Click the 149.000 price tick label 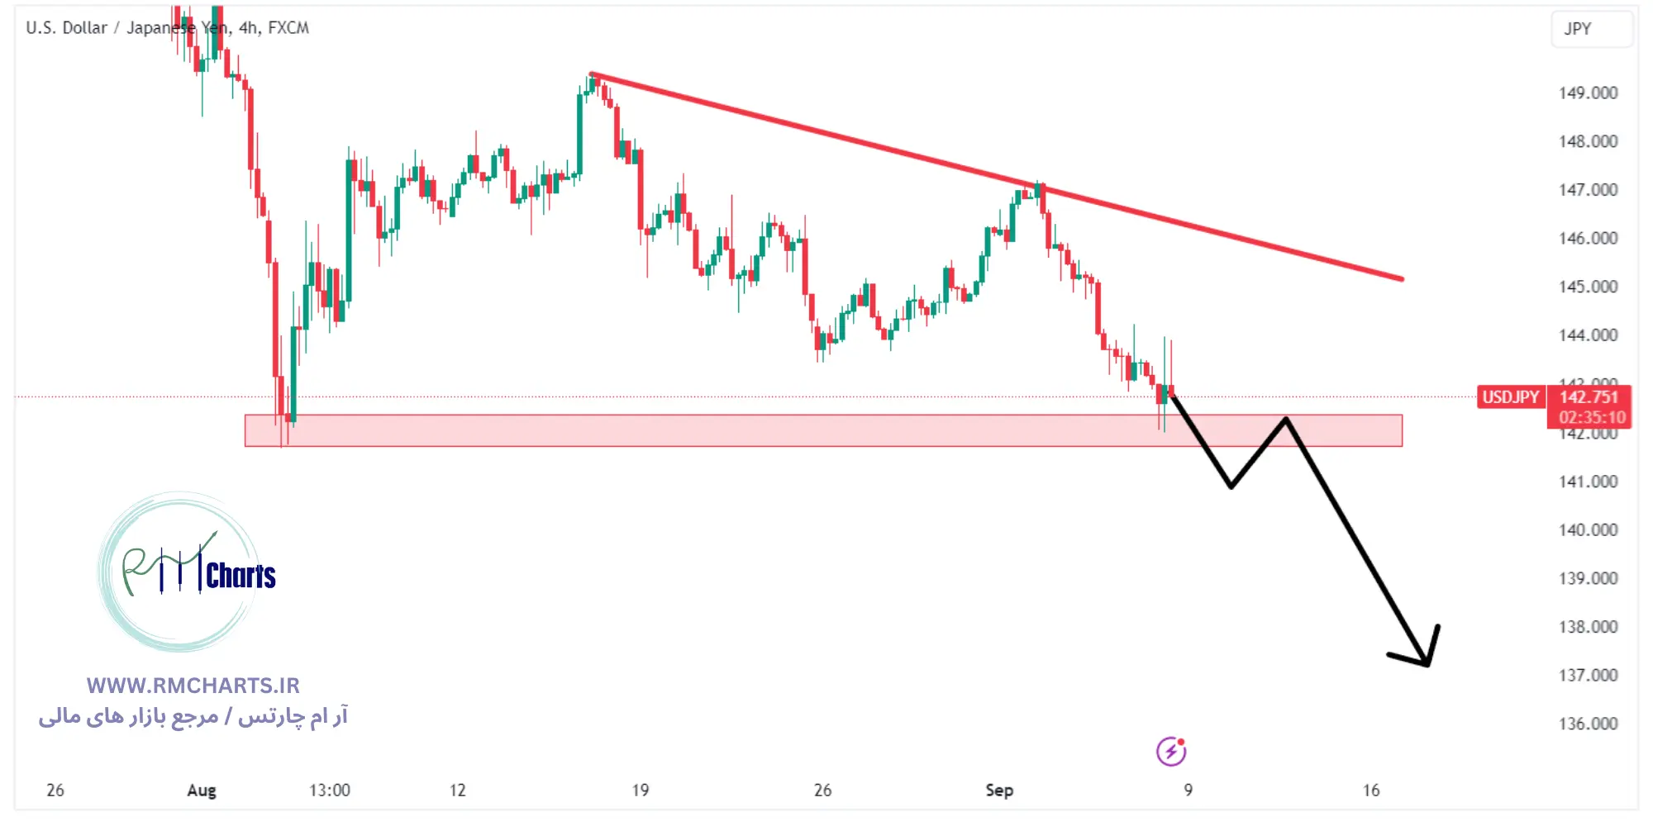pyautogui.click(x=1588, y=93)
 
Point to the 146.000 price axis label pyautogui.click(x=1588, y=238)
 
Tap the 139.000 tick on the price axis pyautogui.click(x=1588, y=578)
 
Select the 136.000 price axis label pyautogui.click(x=1588, y=724)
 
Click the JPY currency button pyautogui.click(x=1577, y=29)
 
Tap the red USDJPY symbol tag pyautogui.click(x=1510, y=397)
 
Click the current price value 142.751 pyautogui.click(x=1588, y=397)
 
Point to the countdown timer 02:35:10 pyautogui.click(x=1592, y=418)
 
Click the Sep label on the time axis pyautogui.click(x=999, y=790)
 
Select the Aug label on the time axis pyautogui.click(x=202, y=790)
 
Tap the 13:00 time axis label pyautogui.click(x=330, y=790)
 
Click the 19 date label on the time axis pyautogui.click(x=641, y=790)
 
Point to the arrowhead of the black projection pyautogui.click(x=1427, y=662)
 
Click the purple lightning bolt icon pyautogui.click(x=1170, y=752)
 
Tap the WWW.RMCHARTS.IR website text pyautogui.click(x=193, y=686)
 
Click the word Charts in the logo pyautogui.click(x=241, y=576)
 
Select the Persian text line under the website pyautogui.click(x=193, y=716)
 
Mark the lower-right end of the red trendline pyautogui.click(x=1402, y=279)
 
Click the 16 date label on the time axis pyautogui.click(x=1371, y=790)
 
